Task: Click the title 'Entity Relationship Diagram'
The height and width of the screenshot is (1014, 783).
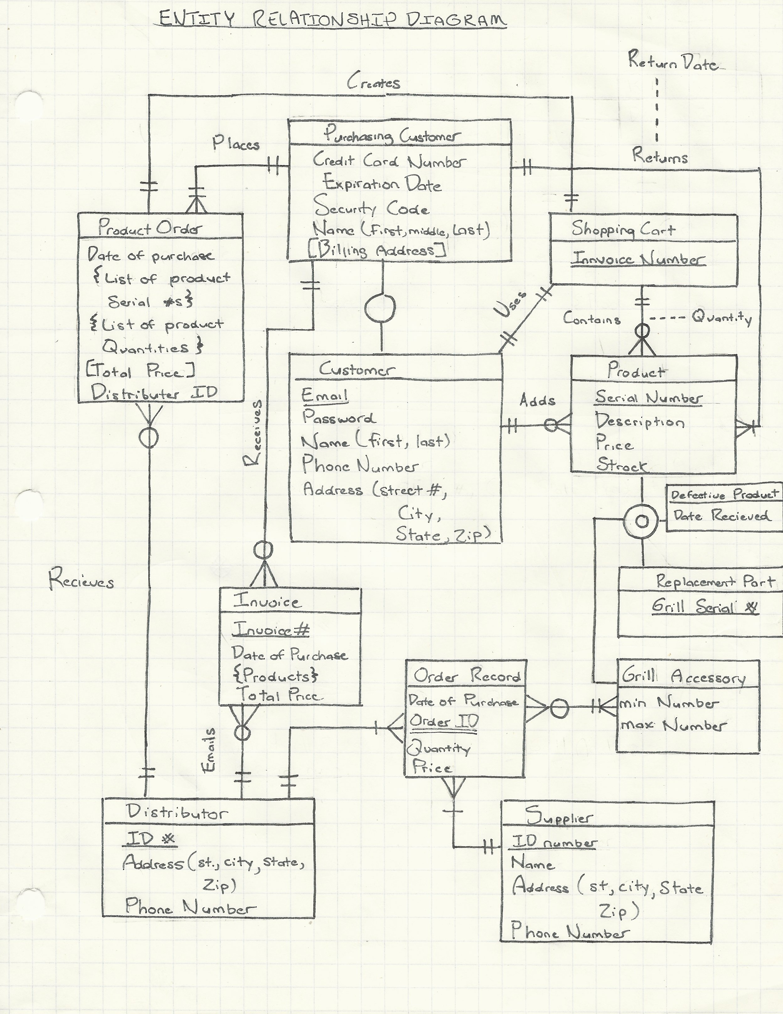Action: click(332, 19)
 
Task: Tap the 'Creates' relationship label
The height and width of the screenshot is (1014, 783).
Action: click(374, 83)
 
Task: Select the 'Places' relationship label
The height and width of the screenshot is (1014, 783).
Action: click(236, 143)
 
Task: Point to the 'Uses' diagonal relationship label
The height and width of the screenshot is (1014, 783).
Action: click(511, 305)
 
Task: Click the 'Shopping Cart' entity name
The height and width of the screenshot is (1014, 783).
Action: click(623, 229)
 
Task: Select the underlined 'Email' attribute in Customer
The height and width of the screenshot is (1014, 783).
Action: click(324, 396)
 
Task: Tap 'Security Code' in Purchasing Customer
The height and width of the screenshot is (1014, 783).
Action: click(371, 207)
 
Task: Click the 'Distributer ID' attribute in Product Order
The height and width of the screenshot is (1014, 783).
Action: click(154, 393)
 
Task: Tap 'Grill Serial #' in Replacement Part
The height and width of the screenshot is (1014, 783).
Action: click(705, 606)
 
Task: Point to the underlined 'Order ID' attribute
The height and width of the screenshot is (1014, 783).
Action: click(444, 721)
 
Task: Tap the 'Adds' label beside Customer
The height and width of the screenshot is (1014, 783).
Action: click(537, 400)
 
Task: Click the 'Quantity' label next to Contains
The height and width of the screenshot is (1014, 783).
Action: click(722, 318)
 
